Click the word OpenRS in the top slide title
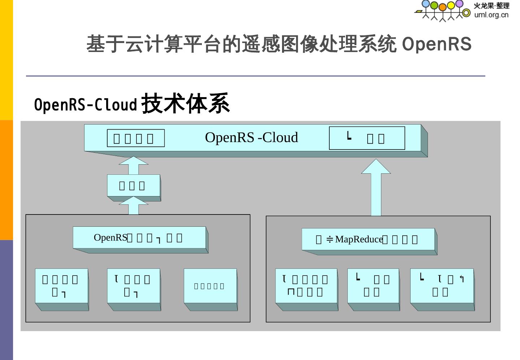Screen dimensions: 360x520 (x=436, y=44)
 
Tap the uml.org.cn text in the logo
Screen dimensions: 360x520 (x=491, y=15)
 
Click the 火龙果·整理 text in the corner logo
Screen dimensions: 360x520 (x=491, y=6)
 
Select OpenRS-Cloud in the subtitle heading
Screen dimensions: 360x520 (x=86, y=105)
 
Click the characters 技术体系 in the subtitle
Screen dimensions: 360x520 (x=185, y=104)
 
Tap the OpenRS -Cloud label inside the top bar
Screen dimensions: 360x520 (x=251, y=138)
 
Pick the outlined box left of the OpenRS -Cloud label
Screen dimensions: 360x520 (x=135, y=138)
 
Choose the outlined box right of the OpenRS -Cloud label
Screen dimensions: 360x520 (x=367, y=138)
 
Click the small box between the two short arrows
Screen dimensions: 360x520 (x=134, y=186)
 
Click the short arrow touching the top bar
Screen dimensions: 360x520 (x=134, y=166)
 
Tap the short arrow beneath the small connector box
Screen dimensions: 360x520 (x=134, y=206)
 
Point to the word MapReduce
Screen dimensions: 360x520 (x=359, y=239)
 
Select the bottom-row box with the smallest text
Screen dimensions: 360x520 (x=210, y=286)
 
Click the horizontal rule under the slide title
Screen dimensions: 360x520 (x=255, y=76)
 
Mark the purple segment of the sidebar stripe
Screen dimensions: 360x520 (x=6, y=300)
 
